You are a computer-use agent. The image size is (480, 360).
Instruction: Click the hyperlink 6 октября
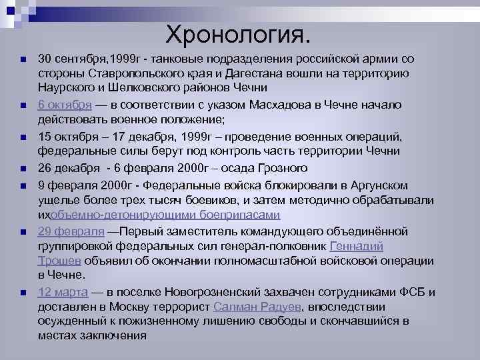click(x=64, y=105)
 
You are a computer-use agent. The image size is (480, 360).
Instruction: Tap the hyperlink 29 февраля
click(x=71, y=231)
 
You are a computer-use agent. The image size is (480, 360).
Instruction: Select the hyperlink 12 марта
click(x=62, y=292)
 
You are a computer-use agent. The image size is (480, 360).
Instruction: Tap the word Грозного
click(x=274, y=167)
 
